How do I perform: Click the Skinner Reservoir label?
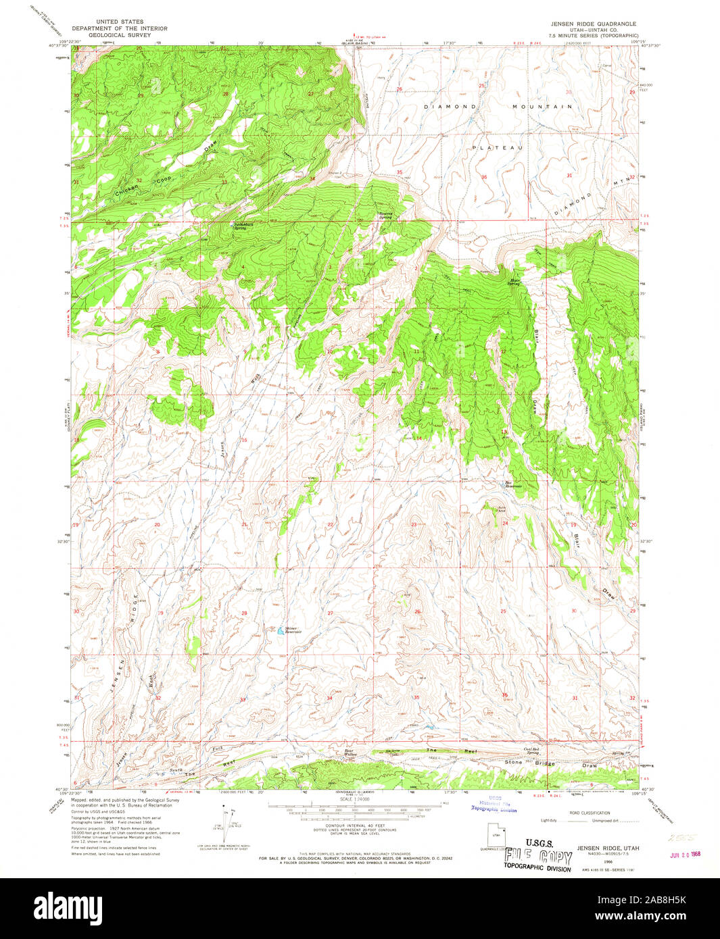tap(293, 629)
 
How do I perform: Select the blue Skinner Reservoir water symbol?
tap(280, 632)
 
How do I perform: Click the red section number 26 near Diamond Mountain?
tap(399, 89)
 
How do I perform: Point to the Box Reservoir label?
tap(514, 484)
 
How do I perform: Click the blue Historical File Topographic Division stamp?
tap(494, 803)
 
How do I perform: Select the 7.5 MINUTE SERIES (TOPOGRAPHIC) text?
tap(593, 35)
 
